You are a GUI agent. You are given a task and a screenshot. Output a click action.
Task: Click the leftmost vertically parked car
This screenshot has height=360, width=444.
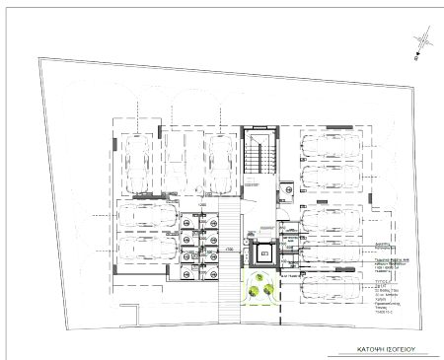[137, 163]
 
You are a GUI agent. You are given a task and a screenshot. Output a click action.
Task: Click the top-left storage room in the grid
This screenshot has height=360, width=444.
[186, 223]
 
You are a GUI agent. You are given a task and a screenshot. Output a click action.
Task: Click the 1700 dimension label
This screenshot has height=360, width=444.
[228, 249]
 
